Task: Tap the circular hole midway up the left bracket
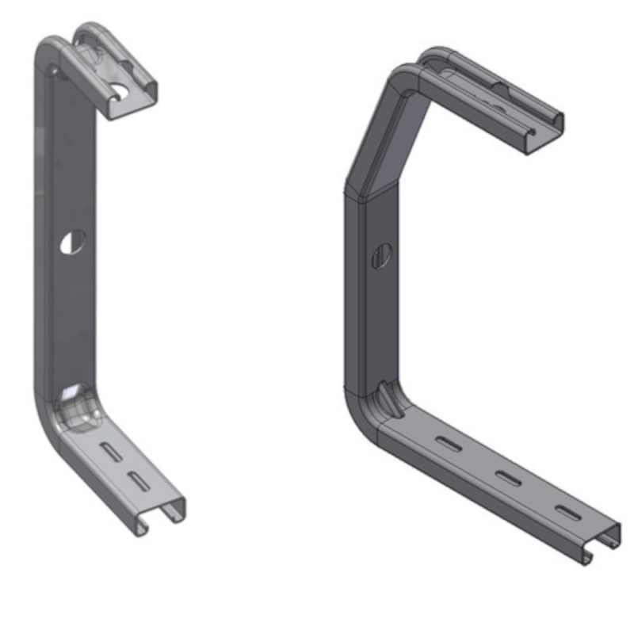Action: click(x=72, y=242)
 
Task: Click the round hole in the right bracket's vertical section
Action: click(x=380, y=256)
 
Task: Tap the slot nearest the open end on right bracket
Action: click(x=565, y=510)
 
